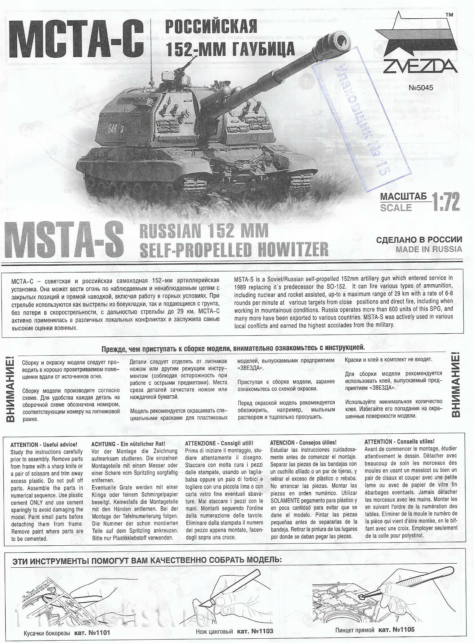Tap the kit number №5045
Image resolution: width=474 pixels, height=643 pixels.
[421, 88]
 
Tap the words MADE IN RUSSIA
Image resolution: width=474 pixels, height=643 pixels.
[428, 249]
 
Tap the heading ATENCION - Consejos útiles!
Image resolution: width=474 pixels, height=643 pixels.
[303, 442]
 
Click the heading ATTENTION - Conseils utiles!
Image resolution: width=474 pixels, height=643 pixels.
[399, 441]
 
